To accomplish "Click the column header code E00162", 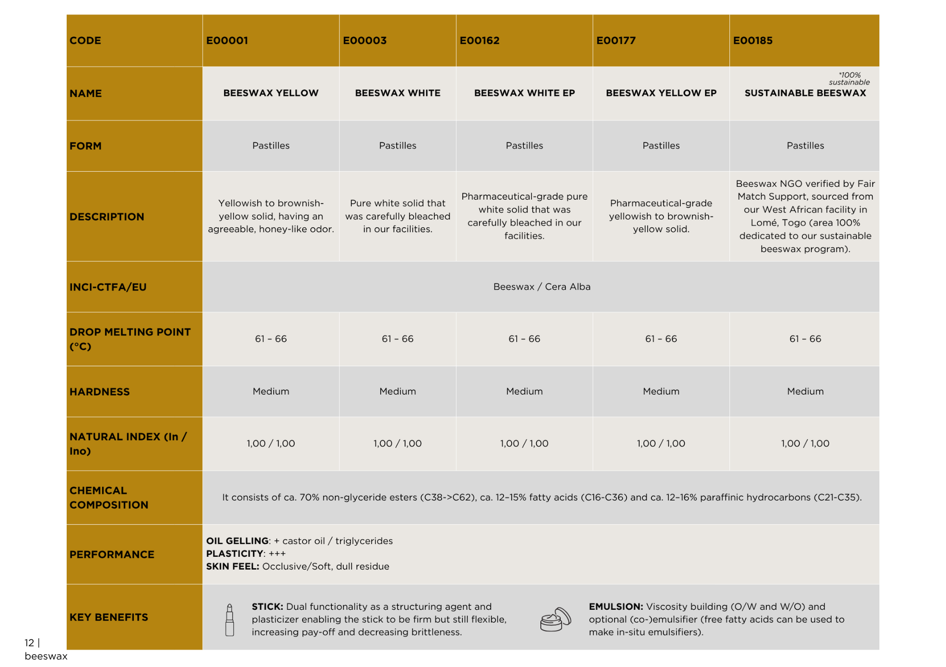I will [479, 41].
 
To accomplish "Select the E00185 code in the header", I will [753, 41].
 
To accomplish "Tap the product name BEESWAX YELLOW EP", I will [661, 93].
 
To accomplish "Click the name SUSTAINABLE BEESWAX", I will [805, 93].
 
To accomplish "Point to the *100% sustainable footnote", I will [849, 79].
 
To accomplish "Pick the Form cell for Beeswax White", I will [397, 146].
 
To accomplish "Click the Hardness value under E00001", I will [271, 391].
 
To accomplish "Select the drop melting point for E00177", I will [661, 339].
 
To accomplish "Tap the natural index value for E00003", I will [397, 444].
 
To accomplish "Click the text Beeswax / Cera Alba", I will [542, 287].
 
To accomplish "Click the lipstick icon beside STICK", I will [230, 620].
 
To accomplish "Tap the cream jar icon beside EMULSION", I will [555, 620].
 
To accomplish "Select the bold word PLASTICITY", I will [235, 554].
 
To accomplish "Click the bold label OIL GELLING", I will [237, 541].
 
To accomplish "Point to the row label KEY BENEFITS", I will [109, 617].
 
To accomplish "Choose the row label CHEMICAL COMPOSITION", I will [109, 498].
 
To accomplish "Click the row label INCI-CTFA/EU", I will [108, 287].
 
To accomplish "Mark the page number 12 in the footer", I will [29, 643].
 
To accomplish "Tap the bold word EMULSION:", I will [615, 607].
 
